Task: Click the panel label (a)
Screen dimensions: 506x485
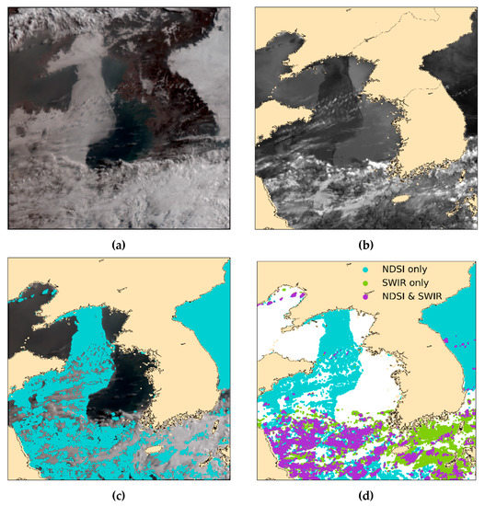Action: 117,244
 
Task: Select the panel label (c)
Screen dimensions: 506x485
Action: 117,496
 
